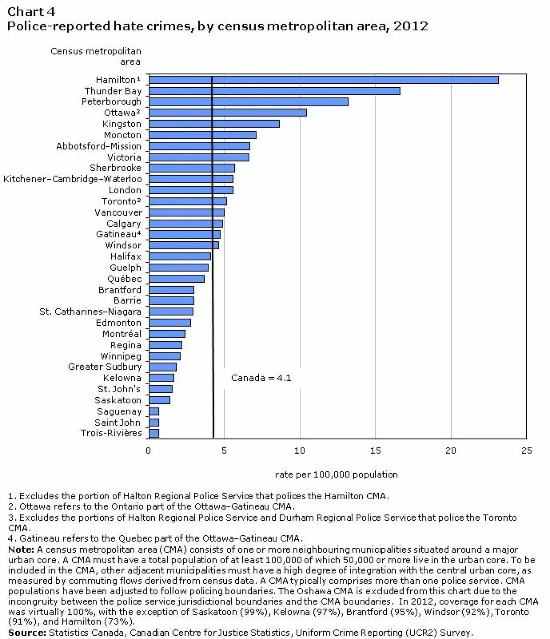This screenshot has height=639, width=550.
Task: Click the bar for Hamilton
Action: pyautogui.click(x=323, y=80)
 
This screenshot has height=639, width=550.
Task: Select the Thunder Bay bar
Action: pyautogui.click(x=274, y=91)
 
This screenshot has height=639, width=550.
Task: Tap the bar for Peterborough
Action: pyautogui.click(x=248, y=102)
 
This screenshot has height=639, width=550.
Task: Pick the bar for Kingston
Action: pyautogui.click(x=214, y=123)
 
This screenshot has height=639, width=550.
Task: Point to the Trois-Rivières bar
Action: pyautogui.click(x=154, y=433)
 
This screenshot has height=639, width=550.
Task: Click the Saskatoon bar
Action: pyautogui.click(x=159, y=400)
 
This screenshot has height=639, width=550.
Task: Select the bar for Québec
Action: pyautogui.click(x=176, y=279)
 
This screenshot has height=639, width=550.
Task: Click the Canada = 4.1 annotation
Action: pyautogui.click(x=261, y=378)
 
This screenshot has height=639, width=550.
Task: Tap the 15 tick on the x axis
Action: pyautogui.click(x=375, y=450)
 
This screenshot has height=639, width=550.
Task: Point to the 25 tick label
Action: pyautogui.click(x=526, y=450)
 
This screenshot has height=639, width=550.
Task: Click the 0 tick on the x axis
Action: pyautogui.click(x=148, y=450)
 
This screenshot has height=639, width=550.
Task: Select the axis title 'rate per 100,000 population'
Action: pyautogui.click(x=336, y=475)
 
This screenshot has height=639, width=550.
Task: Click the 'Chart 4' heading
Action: pyautogui.click(x=31, y=11)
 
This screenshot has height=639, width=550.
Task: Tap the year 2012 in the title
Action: pyautogui.click(x=411, y=26)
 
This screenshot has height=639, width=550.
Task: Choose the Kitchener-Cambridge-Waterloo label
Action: pyautogui.click(x=72, y=179)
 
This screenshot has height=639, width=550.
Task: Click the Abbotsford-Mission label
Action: pyautogui.click(x=98, y=146)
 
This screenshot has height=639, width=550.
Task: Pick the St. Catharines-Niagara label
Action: pyautogui.click(x=90, y=312)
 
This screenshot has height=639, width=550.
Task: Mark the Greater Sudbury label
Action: pyautogui.click(x=104, y=367)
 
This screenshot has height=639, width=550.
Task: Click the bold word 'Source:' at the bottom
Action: pyautogui.click(x=27, y=632)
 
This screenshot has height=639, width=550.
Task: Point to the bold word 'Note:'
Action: pyautogui.click(x=21, y=550)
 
